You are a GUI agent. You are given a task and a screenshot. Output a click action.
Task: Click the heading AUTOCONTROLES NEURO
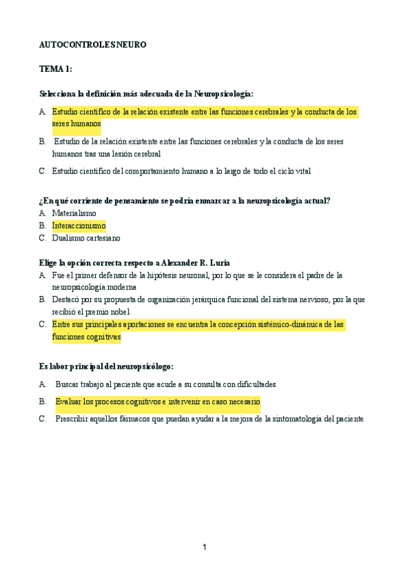coord(92,45)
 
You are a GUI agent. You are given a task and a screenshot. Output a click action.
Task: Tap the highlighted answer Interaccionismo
coord(79,225)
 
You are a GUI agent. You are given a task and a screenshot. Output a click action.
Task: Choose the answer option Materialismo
coord(74,213)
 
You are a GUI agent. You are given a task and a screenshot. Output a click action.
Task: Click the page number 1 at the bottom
coord(204,547)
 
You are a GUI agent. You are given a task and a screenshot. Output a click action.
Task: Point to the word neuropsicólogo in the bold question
coord(142,367)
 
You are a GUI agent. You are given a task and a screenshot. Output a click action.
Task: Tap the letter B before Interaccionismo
coord(42,225)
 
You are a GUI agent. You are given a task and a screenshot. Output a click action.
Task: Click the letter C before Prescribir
coord(42,419)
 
